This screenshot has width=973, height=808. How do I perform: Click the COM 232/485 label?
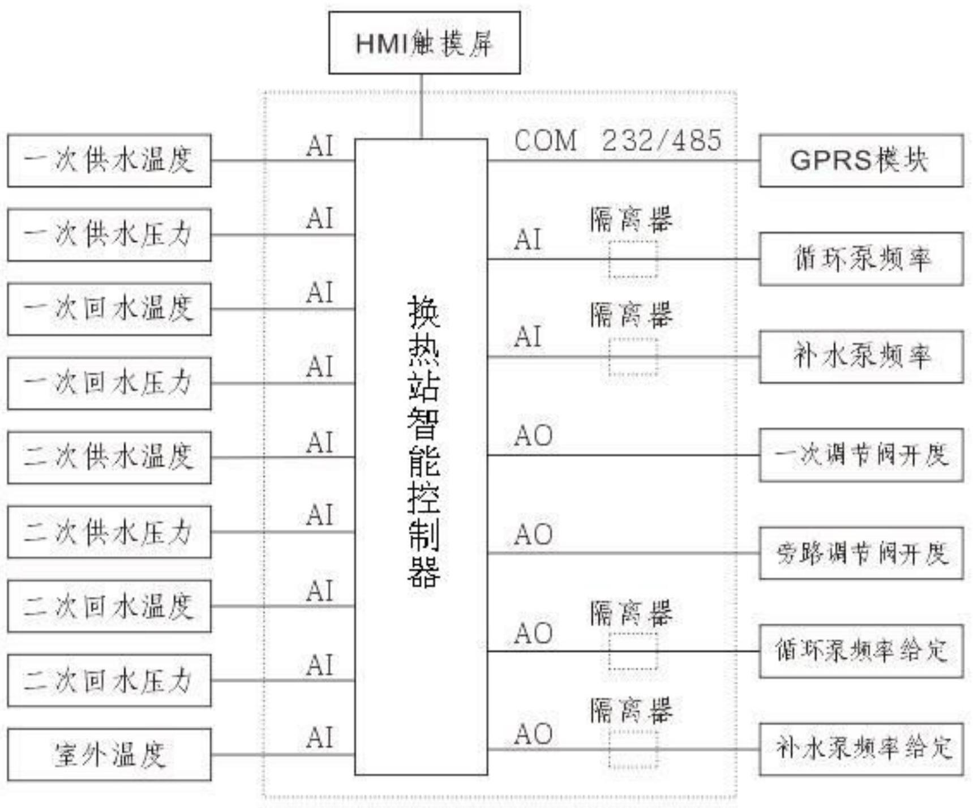(618, 140)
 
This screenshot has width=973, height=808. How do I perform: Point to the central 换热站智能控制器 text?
(423, 442)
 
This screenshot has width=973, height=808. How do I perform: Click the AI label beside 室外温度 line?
(320, 738)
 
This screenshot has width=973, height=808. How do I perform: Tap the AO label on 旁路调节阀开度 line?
(533, 535)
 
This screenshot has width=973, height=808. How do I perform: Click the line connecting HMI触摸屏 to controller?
(422, 106)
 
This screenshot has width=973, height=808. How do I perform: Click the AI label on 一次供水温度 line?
(320, 146)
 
